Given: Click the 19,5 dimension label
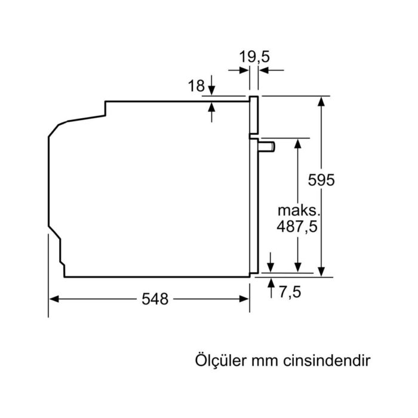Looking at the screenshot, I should click(x=254, y=57).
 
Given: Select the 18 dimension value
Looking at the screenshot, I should click(x=196, y=86).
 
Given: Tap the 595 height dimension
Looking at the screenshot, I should click(x=322, y=180).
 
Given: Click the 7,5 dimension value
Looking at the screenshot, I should click(x=290, y=292).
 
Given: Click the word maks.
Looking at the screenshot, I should click(x=299, y=210).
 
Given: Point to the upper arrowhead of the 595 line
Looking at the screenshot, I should click(x=322, y=101).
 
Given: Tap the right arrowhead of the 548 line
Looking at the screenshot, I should click(x=244, y=299).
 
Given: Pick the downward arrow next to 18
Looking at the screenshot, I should click(x=212, y=91).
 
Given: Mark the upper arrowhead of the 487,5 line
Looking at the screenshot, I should click(x=297, y=143).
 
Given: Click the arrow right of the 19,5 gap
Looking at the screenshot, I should click(x=263, y=70).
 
